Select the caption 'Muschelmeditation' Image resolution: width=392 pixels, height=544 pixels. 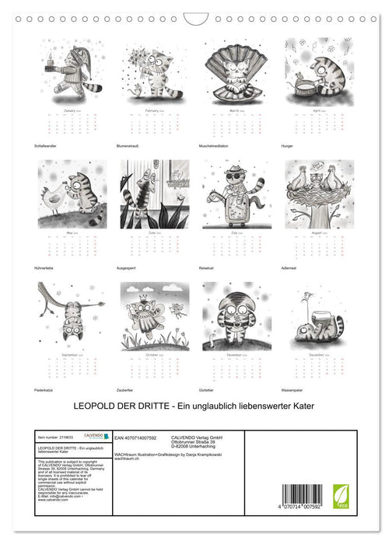pos(217,144)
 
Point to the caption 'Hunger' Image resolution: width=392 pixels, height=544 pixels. pos(291,144)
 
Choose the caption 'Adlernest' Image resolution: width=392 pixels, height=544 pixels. pos(293,265)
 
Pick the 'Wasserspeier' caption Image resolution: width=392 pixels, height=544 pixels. pos(296,387)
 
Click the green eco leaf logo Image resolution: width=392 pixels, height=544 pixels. pos(341,496)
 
